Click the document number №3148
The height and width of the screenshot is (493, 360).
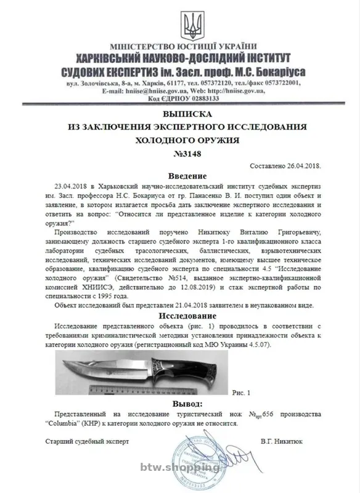pos(187,153)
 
